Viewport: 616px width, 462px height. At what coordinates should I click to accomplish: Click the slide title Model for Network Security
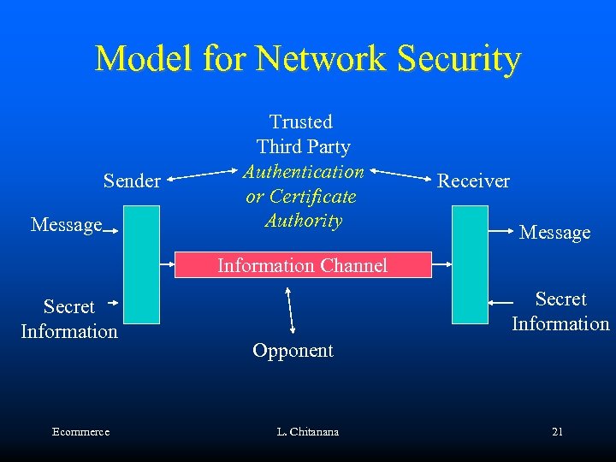click(307, 58)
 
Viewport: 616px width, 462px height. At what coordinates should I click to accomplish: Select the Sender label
click(132, 181)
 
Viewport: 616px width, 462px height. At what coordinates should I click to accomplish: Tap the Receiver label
click(473, 181)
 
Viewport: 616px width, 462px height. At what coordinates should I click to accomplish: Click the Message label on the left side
click(66, 225)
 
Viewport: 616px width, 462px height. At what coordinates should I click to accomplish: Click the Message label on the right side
click(554, 232)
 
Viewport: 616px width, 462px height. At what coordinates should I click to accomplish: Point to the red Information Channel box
click(302, 265)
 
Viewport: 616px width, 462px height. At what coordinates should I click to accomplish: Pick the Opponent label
click(293, 350)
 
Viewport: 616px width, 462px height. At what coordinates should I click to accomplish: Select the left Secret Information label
click(68, 319)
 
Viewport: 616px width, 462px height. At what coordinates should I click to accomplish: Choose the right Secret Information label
click(560, 311)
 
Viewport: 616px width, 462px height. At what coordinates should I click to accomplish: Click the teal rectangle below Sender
click(141, 264)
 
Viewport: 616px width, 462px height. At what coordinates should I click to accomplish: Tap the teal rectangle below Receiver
click(470, 264)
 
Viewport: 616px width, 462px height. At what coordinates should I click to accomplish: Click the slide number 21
click(557, 432)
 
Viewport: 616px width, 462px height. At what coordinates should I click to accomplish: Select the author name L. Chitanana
click(307, 432)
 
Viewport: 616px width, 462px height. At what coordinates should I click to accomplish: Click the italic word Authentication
click(304, 172)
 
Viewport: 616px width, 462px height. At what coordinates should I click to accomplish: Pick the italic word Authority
click(304, 221)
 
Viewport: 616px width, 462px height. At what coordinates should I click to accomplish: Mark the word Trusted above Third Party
click(301, 122)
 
